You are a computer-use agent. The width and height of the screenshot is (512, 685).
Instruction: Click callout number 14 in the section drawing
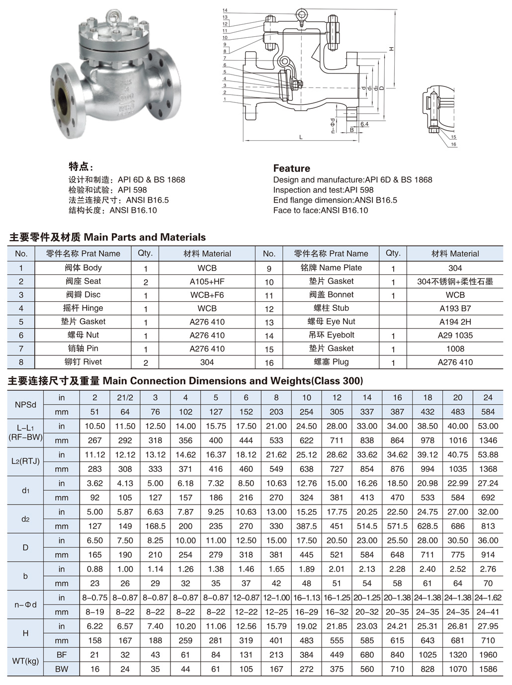point(225,10)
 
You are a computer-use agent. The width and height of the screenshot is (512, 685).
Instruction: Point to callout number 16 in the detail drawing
point(453,144)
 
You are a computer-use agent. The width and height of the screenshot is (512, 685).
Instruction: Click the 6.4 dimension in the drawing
point(364,124)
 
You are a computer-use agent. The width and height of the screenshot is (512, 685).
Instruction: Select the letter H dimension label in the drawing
point(392,49)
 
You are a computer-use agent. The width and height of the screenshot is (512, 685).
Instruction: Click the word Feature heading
point(291,168)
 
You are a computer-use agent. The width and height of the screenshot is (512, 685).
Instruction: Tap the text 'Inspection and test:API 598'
point(323,190)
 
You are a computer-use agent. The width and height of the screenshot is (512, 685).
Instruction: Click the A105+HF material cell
point(207,281)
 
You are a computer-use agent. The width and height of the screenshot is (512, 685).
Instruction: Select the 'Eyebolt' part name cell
point(331,335)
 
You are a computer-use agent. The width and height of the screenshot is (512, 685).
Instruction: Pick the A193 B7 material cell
point(455,308)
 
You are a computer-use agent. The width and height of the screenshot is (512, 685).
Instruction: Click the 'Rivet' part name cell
point(83,362)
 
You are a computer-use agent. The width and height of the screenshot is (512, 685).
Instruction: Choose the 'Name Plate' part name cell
point(331,268)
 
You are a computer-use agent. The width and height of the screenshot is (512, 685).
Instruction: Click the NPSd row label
point(25,405)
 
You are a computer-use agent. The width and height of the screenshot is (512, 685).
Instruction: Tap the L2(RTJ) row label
point(25,461)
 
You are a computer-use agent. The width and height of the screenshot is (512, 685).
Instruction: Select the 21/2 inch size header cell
point(125,398)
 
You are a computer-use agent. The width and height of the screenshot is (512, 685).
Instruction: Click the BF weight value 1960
point(488,655)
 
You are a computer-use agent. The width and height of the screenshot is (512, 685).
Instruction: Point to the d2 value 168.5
point(155,526)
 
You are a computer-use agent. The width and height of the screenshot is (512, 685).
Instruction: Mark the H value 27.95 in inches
point(488,626)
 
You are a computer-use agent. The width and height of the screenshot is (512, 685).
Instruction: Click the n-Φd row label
point(25,604)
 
